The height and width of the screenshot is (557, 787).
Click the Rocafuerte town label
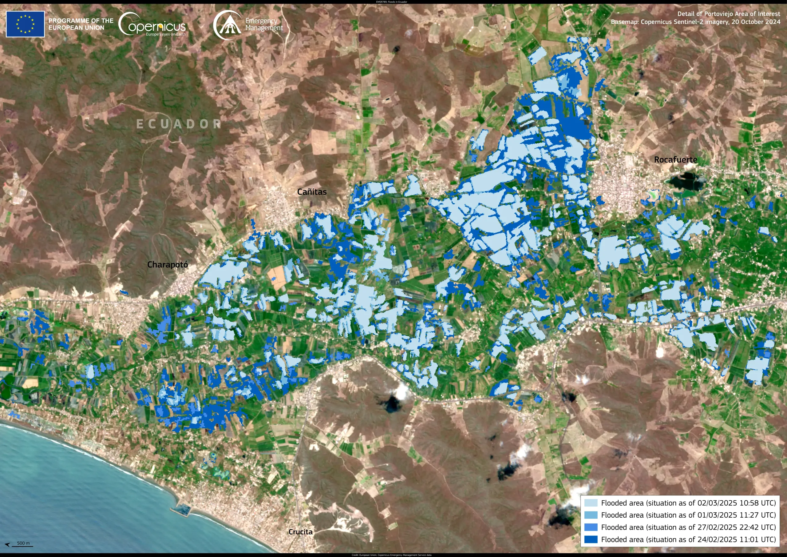click(675, 160)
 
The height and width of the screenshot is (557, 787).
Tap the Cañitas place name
click(312, 192)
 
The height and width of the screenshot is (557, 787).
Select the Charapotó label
click(167, 265)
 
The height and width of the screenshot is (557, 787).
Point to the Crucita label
click(300, 531)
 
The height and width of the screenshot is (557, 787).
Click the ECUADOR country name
click(179, 124)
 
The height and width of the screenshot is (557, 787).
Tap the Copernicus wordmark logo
click(152, 24)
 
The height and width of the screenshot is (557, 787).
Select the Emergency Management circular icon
click(227, 25)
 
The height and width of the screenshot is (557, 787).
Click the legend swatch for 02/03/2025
click(591, 503)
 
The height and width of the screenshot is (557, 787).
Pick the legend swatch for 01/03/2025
click(591, 515)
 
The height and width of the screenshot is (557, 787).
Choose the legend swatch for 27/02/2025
click(591, 527)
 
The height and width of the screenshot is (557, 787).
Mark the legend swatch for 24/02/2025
click(591, 539)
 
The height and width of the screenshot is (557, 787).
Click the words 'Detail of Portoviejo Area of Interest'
click(728, 14)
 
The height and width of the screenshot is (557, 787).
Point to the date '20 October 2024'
click(756, 22)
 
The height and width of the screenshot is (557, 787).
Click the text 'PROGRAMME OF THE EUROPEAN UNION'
click(81, 24)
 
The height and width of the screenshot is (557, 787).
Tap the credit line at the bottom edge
click(391, 555)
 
